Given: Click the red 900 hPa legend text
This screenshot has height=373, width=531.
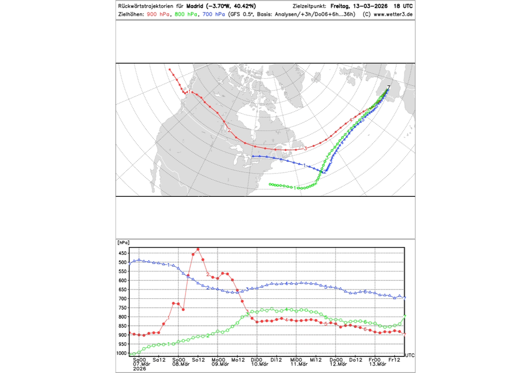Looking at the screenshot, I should (x=158, y=15).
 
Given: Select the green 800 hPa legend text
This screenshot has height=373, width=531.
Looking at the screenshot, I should (x=186, y=15).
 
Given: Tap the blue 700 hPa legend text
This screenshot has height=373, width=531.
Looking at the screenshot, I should (x=214, y=15).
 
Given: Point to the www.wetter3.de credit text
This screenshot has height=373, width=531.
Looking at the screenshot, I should (x=393, y=15).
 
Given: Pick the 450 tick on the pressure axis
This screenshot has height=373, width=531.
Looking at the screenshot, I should (x=123, y=253).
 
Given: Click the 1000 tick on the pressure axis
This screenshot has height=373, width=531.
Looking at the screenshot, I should (x=122, y=354).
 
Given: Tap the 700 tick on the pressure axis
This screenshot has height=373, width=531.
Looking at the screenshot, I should (x=123, y=299).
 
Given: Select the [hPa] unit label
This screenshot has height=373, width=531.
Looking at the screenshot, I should (x=123, y=242).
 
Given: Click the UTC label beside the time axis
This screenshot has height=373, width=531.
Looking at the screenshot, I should (x=410, y=355).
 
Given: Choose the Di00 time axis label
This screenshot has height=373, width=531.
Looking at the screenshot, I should (x=257, y=360).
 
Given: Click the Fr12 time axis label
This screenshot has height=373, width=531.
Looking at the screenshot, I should (x=395, y=360).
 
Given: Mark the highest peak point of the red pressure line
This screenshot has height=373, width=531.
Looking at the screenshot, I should (x=198, y=249).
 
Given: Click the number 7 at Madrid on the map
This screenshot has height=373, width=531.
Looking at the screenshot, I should (x=389, y=87).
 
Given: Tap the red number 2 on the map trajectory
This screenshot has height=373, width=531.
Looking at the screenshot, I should (x=229, y=130).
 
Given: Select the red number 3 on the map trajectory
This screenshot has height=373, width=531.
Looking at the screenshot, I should (x=305, y=149).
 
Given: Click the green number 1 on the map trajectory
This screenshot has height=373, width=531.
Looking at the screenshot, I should (x=295, y=188).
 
